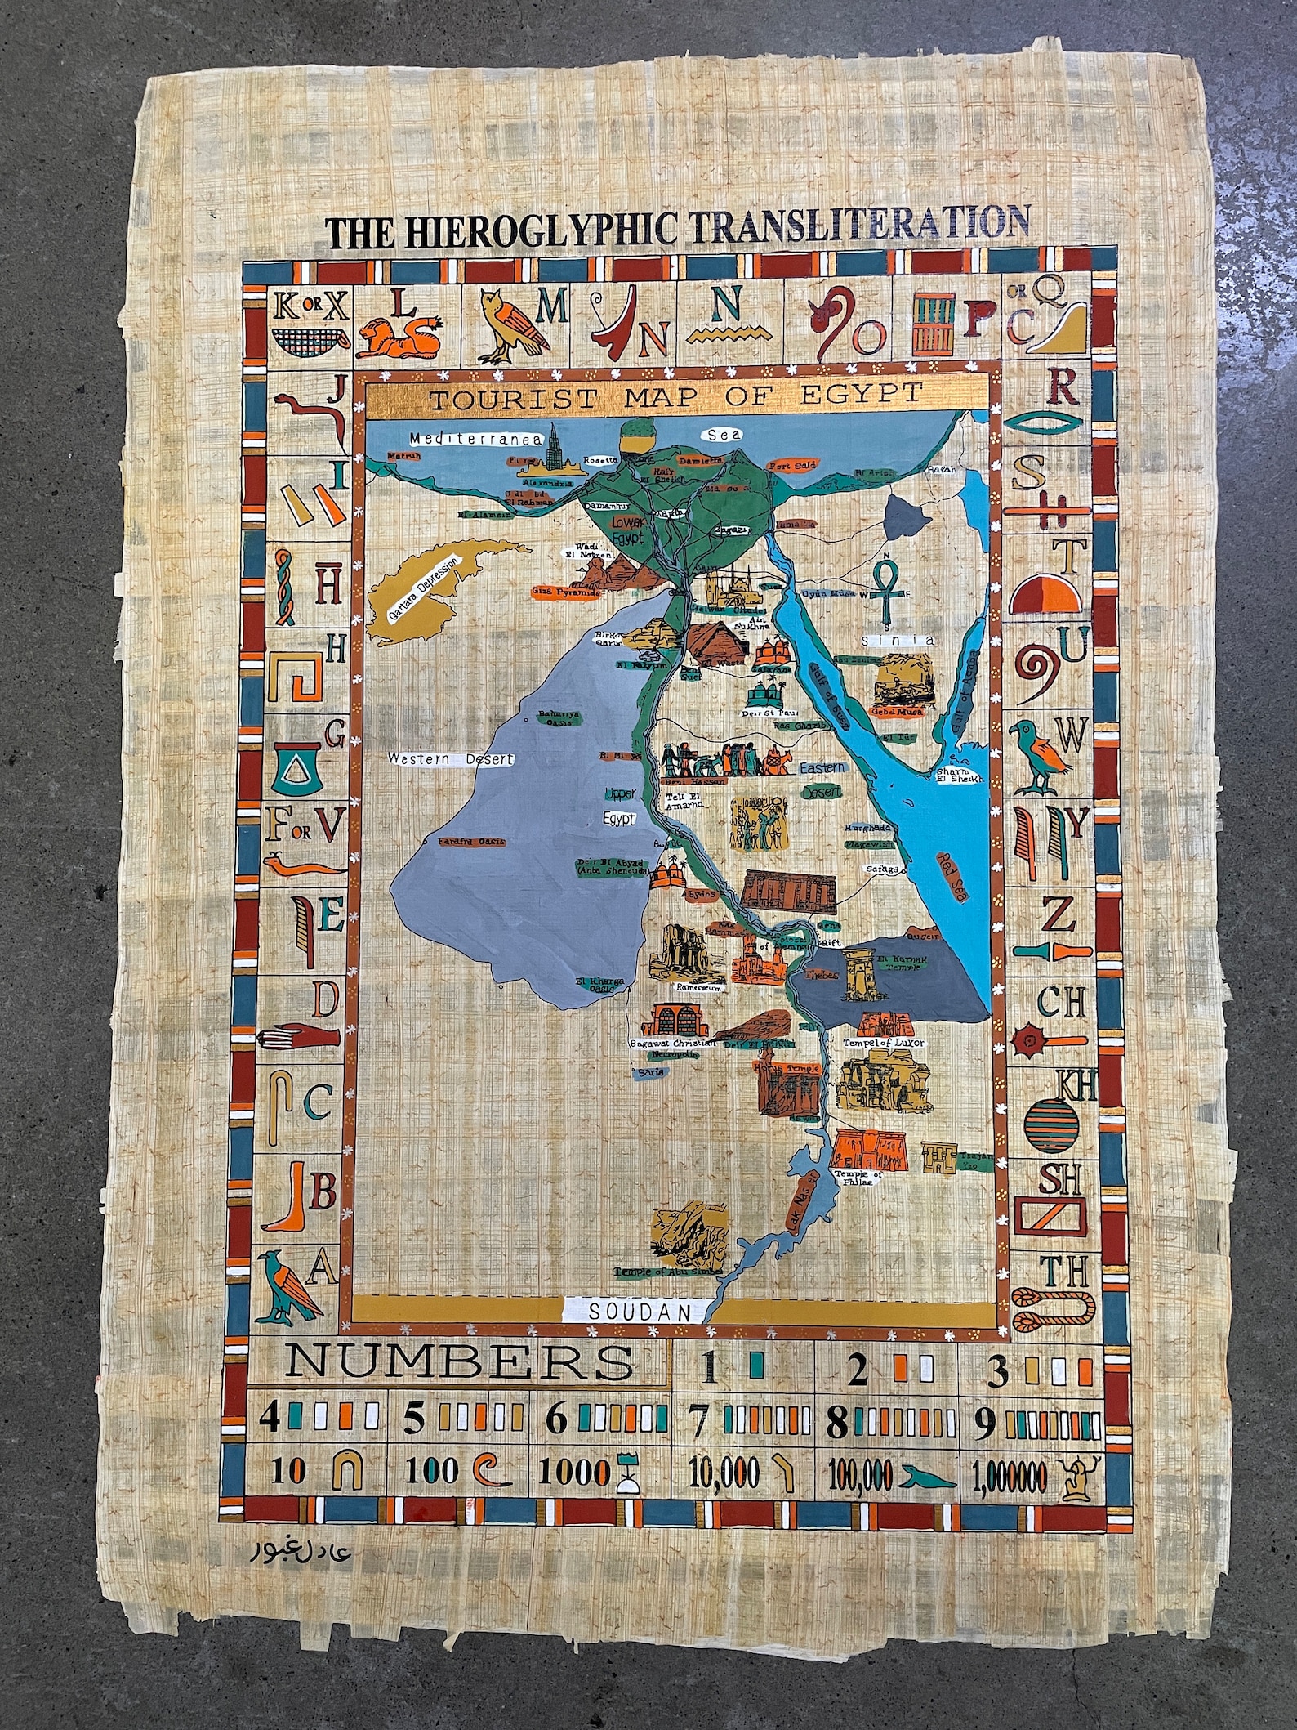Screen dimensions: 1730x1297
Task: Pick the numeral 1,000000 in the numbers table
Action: click(1010, 1476)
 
